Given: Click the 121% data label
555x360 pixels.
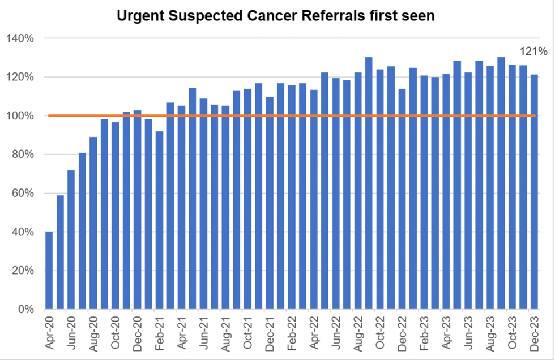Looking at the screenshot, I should point(535,52).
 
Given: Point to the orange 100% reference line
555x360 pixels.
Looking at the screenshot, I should point(283,115).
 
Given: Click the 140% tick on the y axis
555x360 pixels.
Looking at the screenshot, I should point(21,38).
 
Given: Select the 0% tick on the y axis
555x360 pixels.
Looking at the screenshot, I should point(26,310).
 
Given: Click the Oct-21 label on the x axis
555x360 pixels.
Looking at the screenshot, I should point(247,335).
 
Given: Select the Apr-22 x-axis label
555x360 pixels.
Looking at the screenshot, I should point(313,335).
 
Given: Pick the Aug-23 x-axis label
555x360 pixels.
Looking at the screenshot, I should point(489,335).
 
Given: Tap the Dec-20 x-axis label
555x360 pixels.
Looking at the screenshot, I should point(137,335).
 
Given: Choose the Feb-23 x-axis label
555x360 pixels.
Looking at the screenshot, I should point(424,335).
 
